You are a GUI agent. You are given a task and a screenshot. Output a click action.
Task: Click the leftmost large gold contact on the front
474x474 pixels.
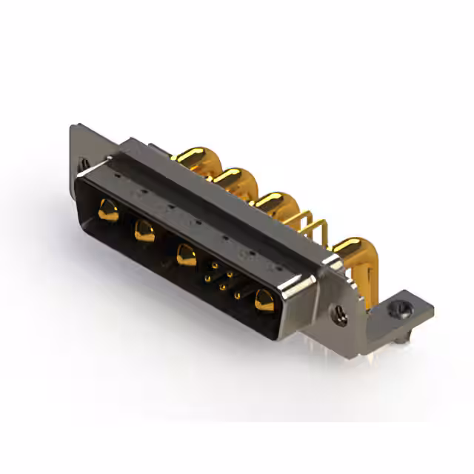(107, 210)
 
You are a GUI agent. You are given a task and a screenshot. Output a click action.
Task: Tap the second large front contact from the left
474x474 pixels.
(144, 233)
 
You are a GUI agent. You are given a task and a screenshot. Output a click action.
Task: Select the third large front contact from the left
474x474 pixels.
(185, 256)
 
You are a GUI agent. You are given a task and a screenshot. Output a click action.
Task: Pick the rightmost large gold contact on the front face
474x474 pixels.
(262, 301)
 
